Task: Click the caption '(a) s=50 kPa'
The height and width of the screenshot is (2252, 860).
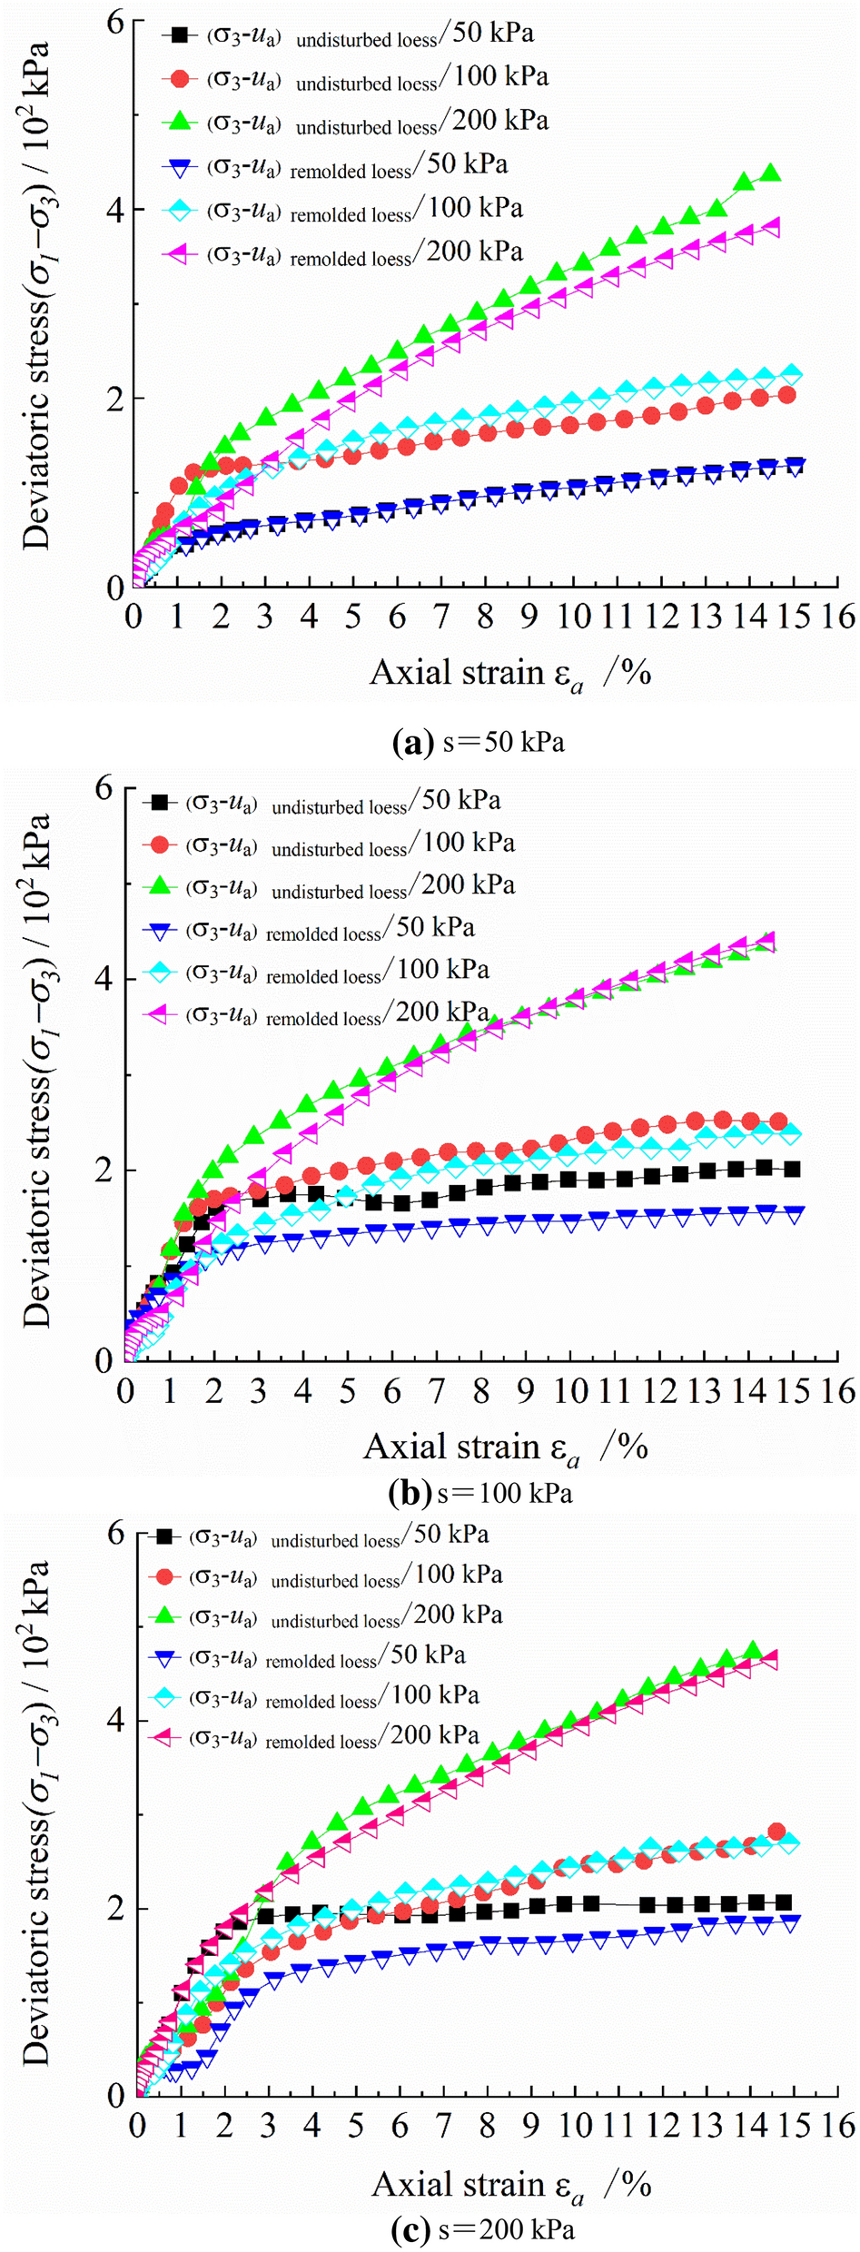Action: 479,743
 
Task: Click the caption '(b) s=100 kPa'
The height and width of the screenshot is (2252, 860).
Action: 480,1493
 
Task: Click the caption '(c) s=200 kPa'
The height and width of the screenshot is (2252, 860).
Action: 482,2229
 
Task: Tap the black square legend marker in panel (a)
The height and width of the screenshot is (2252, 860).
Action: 180,35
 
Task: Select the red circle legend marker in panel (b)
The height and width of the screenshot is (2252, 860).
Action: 160,845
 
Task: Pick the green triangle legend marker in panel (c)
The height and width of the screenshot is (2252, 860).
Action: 164,1614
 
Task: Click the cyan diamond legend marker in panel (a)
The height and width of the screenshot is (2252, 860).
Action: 180,210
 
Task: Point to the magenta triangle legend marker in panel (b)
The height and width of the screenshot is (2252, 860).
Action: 160,1014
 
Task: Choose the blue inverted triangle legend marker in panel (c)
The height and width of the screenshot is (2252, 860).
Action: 164,1654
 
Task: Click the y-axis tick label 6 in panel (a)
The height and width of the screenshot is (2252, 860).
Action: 114,23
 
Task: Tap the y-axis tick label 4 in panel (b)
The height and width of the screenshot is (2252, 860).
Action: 104,979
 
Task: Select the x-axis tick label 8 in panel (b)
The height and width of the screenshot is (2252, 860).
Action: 480,1392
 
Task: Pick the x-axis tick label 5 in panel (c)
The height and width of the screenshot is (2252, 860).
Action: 355,2126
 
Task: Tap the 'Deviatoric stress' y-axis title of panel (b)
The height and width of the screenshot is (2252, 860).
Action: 36,1072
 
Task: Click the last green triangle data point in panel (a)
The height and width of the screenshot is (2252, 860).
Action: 770,173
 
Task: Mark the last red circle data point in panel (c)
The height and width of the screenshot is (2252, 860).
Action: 776,1832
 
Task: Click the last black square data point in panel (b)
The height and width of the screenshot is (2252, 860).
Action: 792,1169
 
